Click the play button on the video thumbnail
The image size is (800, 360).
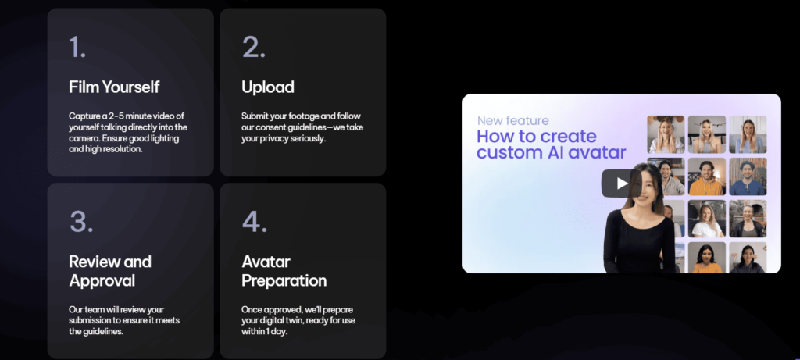pos(620,183)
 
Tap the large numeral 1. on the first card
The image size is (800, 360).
pos(77,48)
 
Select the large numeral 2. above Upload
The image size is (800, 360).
pos(254,48)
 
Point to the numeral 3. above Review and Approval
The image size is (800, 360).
pos(81,222)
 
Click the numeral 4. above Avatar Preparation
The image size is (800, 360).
pos(255,222)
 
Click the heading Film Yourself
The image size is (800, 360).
pos(114,87)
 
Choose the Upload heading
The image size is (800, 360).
pos(268,87)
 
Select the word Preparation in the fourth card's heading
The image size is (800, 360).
pos(284,281)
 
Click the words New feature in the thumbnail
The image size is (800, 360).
pos(513,121)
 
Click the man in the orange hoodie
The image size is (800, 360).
pos(706,176)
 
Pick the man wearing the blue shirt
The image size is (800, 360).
pos(748,176)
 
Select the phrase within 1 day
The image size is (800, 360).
pos(265,331)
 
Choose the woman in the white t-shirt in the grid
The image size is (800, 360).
pos(706,218)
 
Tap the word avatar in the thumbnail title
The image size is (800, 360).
pos(604,152)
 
